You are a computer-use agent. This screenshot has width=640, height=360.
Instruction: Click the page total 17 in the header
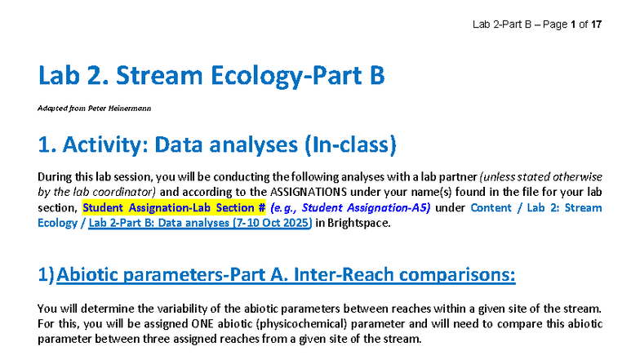tap(597, 24)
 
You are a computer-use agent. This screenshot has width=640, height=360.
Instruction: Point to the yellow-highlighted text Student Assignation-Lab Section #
tap(174, 207)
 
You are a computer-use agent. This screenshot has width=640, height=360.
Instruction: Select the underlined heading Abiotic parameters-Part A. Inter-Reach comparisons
tap(287, 275)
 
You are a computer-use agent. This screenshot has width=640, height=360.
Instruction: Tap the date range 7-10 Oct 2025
tap(270, 223)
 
